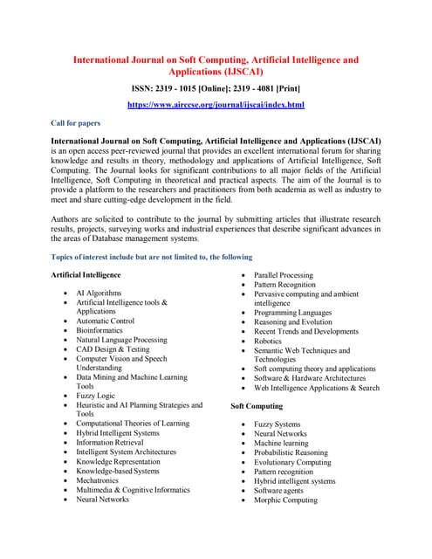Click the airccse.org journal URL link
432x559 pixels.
(216, 105)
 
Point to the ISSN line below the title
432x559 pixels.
(216, 88)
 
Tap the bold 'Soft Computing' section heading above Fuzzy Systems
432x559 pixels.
(257, 406)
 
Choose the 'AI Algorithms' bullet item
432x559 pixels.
(99, 293)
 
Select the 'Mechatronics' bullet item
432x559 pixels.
(103, 480)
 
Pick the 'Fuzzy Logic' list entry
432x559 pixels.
(95, 396)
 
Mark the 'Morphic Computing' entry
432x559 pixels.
(286, 500)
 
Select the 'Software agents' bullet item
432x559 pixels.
(282, 490)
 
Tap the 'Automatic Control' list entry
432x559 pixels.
(106, 321)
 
